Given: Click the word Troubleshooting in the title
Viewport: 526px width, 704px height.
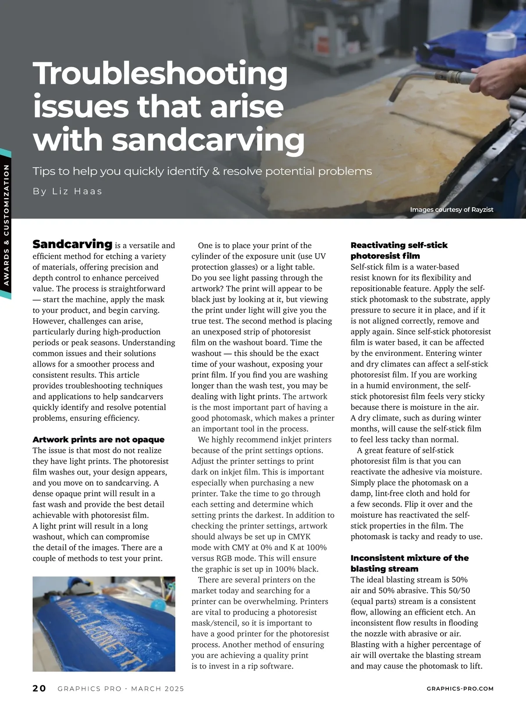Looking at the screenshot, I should [x=160, y=74].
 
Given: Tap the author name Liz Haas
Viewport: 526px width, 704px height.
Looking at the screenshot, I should [x=68, y=191].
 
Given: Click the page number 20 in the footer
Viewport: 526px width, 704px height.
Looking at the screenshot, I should [x=39, y=689].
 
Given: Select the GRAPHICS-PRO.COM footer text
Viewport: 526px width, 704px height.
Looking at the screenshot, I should [x=460, y=689].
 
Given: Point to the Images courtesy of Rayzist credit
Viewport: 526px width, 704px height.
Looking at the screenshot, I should [x=451, y=210].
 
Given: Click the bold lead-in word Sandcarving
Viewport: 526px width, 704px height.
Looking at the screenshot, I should [x=72, y=244].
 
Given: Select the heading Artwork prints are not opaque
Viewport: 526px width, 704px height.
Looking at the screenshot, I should [x=98, y=439].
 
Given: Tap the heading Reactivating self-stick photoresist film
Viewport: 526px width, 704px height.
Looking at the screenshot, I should [x=398, y=250].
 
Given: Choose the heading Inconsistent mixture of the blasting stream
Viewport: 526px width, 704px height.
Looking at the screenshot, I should [x=409, y=563].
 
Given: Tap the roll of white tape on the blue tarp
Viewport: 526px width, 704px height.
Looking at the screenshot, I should [x=501, y=41].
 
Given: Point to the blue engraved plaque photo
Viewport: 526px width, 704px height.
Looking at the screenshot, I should [x=104, y=624].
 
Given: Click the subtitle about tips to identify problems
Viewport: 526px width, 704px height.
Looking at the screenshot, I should [x=202, y=171].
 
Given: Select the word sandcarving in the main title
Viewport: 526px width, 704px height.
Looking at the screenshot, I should [x=208, y=140].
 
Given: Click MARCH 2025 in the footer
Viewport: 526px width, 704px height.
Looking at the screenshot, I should [x=157, y=689].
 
